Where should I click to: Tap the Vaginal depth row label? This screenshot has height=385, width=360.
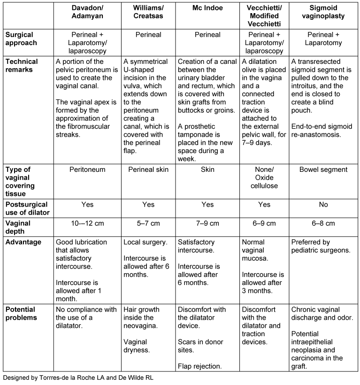18,227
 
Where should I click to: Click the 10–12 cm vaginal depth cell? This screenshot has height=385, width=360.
87,223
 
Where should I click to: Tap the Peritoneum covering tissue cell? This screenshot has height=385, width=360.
87,169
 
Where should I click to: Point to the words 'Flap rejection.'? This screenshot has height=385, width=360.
200,366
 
